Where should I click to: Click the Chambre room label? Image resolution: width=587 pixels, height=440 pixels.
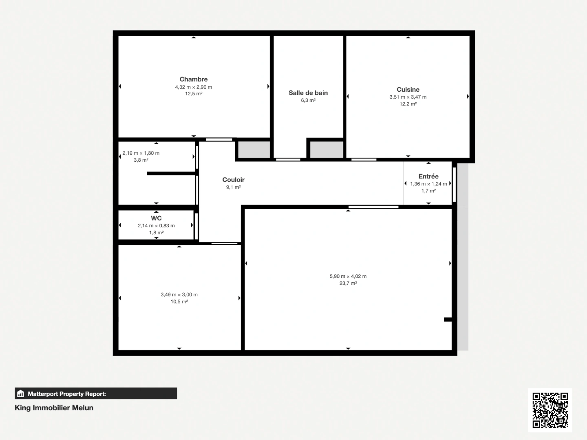pyautogui.click(x=194, y=79)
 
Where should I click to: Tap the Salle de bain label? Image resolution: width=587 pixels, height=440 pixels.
pyautogui.click(x=308, y=93)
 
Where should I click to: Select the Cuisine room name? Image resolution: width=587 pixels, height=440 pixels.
pyautogui.click(x=408, y=90)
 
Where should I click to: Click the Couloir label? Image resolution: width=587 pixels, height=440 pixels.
pyautogui.click(x=234, y=180)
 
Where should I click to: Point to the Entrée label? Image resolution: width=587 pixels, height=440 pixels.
pyautogui.click(x=428, y=176)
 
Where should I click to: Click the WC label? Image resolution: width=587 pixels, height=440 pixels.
pyautogui.click(x=156, y=218)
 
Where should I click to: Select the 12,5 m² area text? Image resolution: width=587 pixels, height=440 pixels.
pyautogui.click(x=194, y=94)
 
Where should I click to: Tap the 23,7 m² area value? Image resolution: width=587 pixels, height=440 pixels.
pyautogui.click(x=348, y=283)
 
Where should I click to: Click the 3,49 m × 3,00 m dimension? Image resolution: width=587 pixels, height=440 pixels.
pyautogui.click(x=179, y=295)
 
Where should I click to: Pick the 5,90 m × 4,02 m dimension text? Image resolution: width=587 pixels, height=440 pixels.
pyautogui.click(x=348, y=276)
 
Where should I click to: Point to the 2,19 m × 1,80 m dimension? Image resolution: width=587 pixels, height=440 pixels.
pyautogui.click(x=141, y=153)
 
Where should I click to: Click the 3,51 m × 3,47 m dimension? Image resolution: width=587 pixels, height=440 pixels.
pyautogui.click(x=408, y=97)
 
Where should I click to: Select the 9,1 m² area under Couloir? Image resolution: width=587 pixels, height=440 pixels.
pyautogui.click(x=234, y=187)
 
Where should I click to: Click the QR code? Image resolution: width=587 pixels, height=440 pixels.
pyautogui.click(x=550, y=410)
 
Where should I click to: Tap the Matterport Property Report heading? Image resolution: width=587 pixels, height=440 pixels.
pyautogui.click(x=67, y=394)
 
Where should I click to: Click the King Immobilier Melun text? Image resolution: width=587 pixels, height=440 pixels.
pyautogui.click(x=54, y=408)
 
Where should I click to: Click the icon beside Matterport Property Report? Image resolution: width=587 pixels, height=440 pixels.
pyautogui.click(x=21, y=394)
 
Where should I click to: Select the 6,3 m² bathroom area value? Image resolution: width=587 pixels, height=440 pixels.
pyautogui.click(x=308, y=100)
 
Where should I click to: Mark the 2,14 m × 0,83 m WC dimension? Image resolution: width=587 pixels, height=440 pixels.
pyautogui.click(x=156, y=226)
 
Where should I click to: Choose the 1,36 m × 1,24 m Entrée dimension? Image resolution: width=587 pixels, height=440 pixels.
pyautogui.click(x=428, y=184)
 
